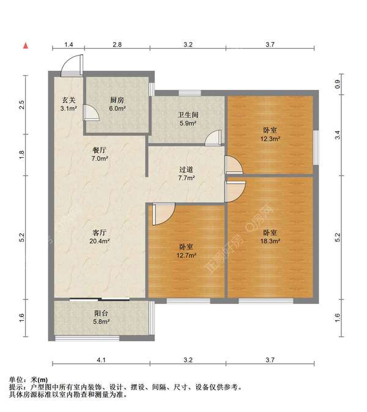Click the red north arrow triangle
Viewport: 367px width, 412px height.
26,46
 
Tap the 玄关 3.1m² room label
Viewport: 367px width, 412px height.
69,104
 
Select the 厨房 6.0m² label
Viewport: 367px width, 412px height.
117,104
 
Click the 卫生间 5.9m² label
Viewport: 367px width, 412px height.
188,119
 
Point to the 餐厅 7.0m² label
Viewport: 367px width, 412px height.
100,154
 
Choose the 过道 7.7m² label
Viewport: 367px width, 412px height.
187,174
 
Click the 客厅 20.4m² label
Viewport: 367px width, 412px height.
99,237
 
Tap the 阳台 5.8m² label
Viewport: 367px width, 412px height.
101,317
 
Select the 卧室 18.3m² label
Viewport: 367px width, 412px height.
270,237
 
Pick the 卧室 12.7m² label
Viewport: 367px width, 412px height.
187,251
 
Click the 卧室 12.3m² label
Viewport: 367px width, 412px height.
270,134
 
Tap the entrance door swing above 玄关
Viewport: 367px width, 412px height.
72,65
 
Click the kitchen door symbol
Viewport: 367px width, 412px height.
91,112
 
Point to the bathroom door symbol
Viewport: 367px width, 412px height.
213,139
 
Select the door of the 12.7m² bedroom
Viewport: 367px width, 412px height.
163,214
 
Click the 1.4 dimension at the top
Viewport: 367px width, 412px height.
69,45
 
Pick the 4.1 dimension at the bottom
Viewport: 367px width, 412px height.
101,360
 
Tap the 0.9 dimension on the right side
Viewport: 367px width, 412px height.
338,84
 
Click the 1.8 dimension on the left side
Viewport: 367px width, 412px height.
22,155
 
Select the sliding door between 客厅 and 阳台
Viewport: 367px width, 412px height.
100,300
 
